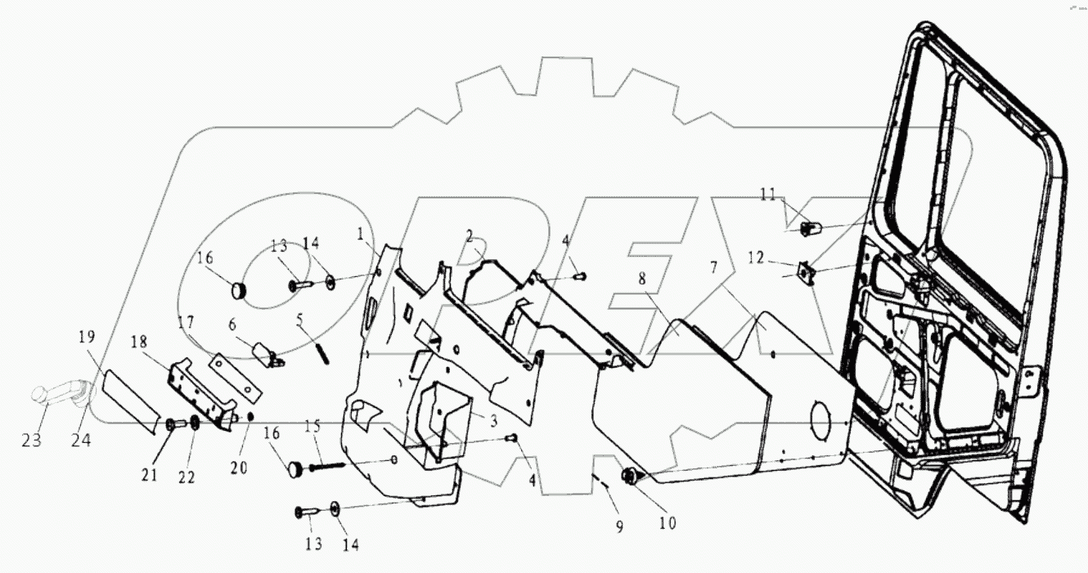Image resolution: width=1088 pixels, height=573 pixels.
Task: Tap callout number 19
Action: pos(88,337)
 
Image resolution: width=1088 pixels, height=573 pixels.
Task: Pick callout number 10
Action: pos(668,523)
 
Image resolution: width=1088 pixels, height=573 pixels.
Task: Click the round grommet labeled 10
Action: pos(632,477)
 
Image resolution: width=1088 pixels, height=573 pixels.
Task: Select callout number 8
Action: pos(642,278)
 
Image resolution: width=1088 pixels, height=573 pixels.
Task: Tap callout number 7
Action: pos(716,268)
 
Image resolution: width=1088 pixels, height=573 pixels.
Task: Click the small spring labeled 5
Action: pos(323,354)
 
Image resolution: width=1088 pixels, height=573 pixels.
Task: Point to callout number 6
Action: pos(232,324)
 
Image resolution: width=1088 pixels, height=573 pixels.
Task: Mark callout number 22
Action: pos(187,477)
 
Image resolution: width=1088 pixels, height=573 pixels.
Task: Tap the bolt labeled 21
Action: pos(171,424)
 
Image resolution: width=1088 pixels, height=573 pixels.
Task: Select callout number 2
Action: pos(470,237)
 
